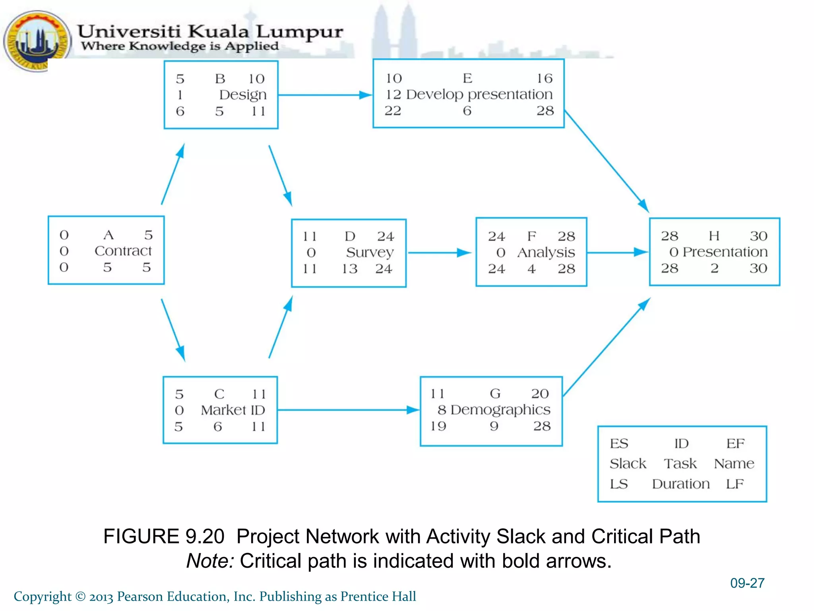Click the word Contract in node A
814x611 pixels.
pos(123,251)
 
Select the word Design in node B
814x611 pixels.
pos(243,95)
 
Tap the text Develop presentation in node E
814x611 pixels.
pos(479,95)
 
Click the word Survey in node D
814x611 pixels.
pos(370,252)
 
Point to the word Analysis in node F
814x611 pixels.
pos(546,253)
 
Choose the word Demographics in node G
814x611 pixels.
pos(500,410)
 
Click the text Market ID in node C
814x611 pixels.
pos(233,410)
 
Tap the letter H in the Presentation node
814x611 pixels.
pos(714,236)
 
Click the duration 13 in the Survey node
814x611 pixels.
pos(349,269)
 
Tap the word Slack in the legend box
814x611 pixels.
pos(628,464)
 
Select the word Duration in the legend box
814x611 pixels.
pos(680,484)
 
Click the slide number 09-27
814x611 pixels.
pos(747,583)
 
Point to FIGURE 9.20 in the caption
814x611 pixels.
pos(164,537)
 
